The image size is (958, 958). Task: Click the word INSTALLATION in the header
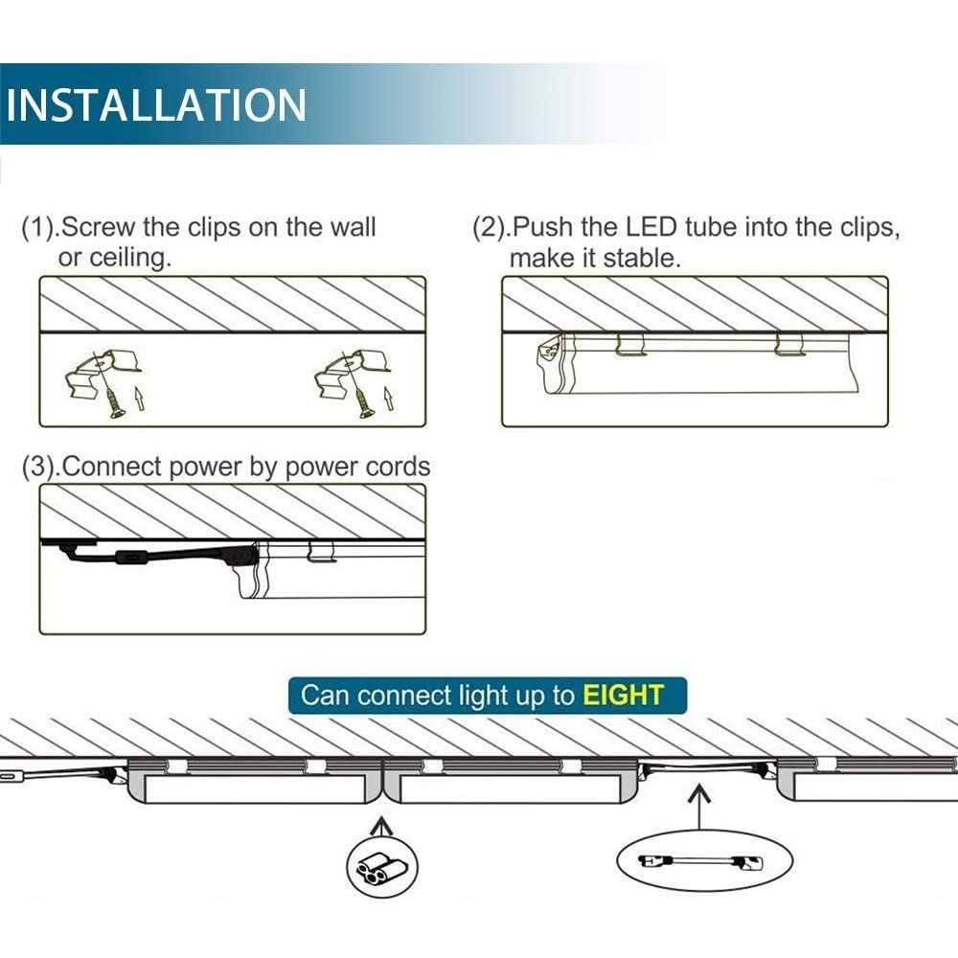tap(156, 104)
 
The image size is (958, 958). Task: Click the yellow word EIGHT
tap(624, 694)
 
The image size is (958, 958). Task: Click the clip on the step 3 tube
tap(320, 550)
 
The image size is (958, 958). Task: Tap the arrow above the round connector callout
tap(383, 826)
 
